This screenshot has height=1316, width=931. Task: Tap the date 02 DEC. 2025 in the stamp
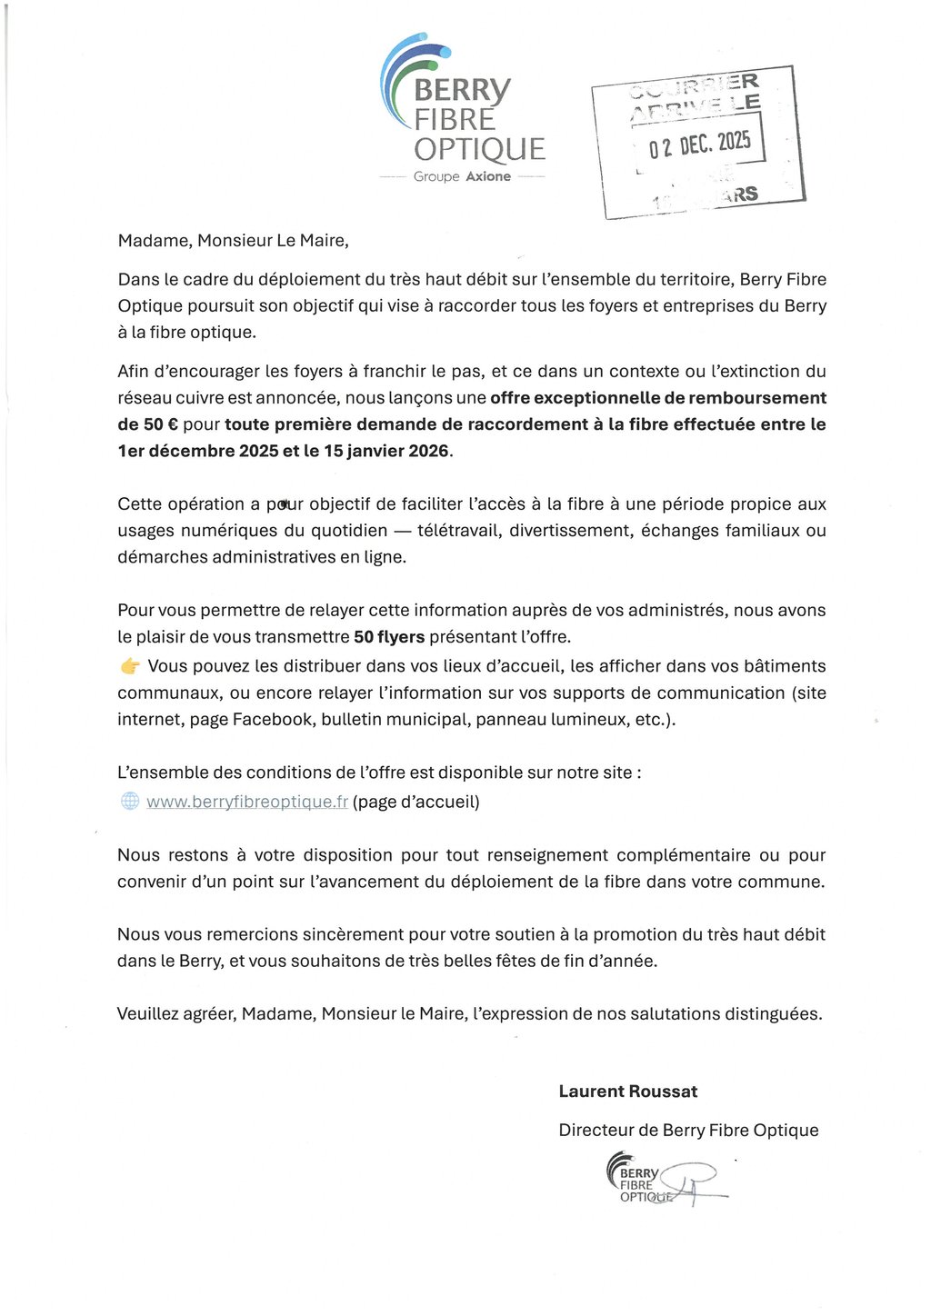coord(699,144)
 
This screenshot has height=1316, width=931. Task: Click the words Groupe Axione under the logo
coord(462,176)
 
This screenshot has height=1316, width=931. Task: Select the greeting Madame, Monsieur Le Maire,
coord(233,241)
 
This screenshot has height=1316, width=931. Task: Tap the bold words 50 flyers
coord(388,637)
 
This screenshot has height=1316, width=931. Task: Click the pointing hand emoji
coord(130,667)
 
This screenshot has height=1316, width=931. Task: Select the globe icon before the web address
coord(130,802)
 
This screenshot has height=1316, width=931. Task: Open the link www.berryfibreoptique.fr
coord(247,802)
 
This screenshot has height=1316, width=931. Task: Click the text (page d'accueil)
coord(416,802)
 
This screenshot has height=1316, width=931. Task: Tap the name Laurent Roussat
coord(627,1092)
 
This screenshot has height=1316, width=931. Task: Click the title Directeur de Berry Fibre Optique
coord(688,1131)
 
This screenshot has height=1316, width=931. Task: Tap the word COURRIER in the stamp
coord(695,86)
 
